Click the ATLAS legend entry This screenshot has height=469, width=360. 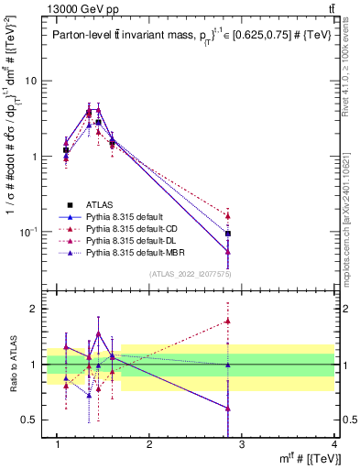coord(100,204)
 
